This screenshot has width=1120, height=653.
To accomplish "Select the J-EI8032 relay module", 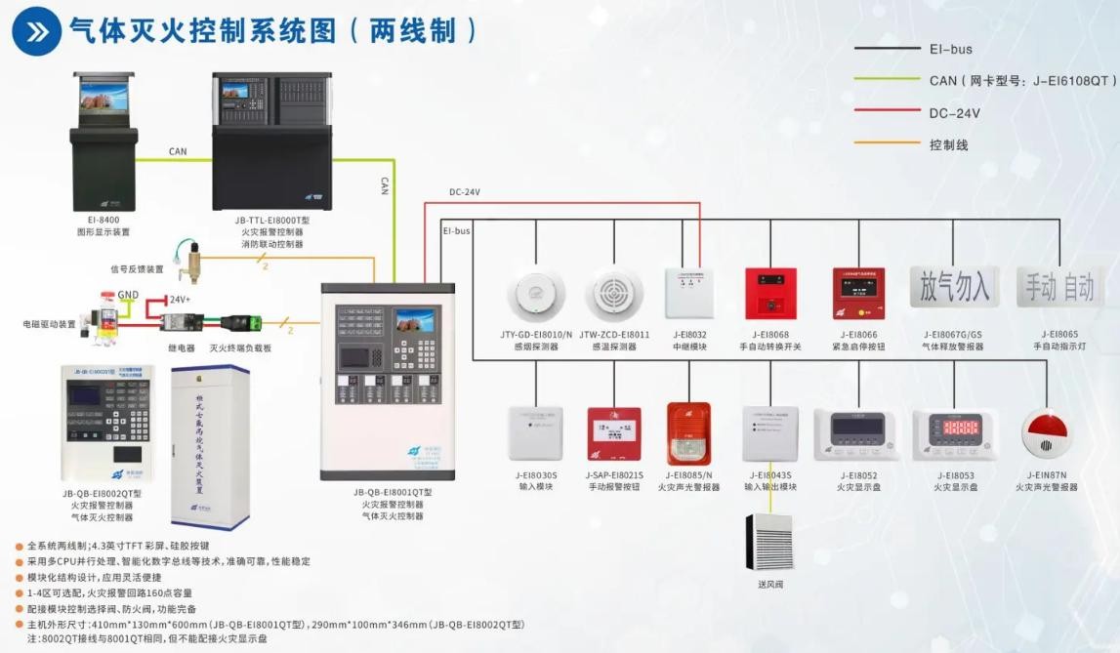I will pos(689,292).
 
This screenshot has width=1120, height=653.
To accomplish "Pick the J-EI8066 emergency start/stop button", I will pos(859,293).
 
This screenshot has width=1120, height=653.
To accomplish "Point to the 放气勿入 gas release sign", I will pos(953,287).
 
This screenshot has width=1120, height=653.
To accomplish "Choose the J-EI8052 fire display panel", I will pos(855,435).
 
